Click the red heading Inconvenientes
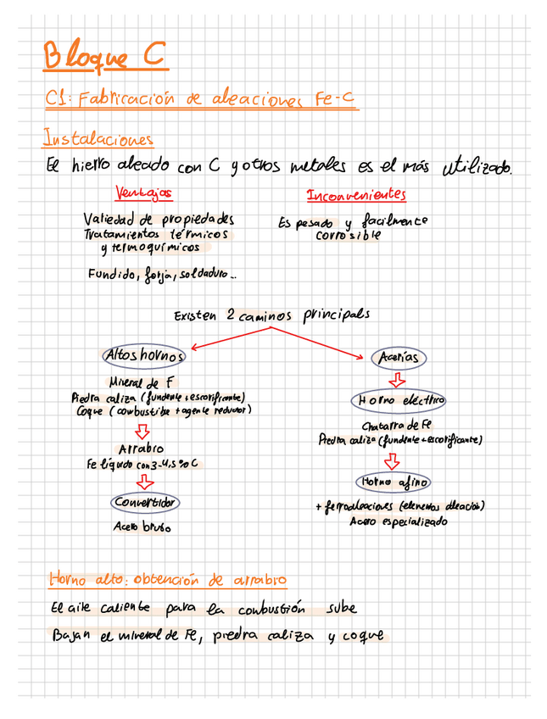click(356, 195)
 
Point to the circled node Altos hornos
click(143, 354)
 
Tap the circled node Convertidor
click(145, 503)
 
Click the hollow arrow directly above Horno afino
click(393, 461)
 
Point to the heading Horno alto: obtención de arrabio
click(168, 580)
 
